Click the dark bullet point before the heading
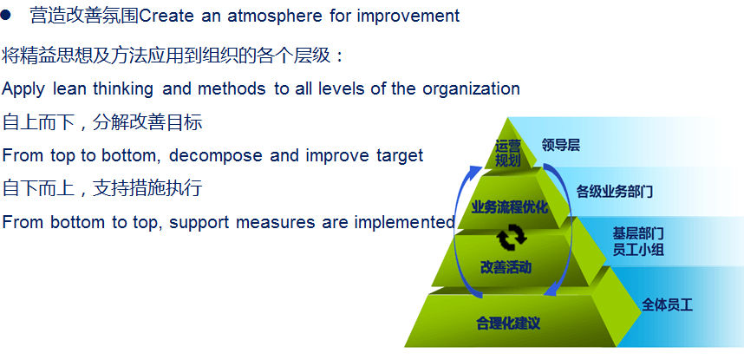(5, 16)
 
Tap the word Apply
(23, 89)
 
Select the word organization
(471, 89)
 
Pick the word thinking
(123, 89)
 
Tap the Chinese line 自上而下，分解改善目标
(102, 122)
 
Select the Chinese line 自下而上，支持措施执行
(102, 188)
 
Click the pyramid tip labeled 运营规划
(507, 153)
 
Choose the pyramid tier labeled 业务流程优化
(509, 207)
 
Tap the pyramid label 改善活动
(505, 267)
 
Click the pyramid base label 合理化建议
(507, 324)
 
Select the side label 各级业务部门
(615, 192)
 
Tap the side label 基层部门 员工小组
(637, 241)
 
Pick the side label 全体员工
(667, 304)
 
